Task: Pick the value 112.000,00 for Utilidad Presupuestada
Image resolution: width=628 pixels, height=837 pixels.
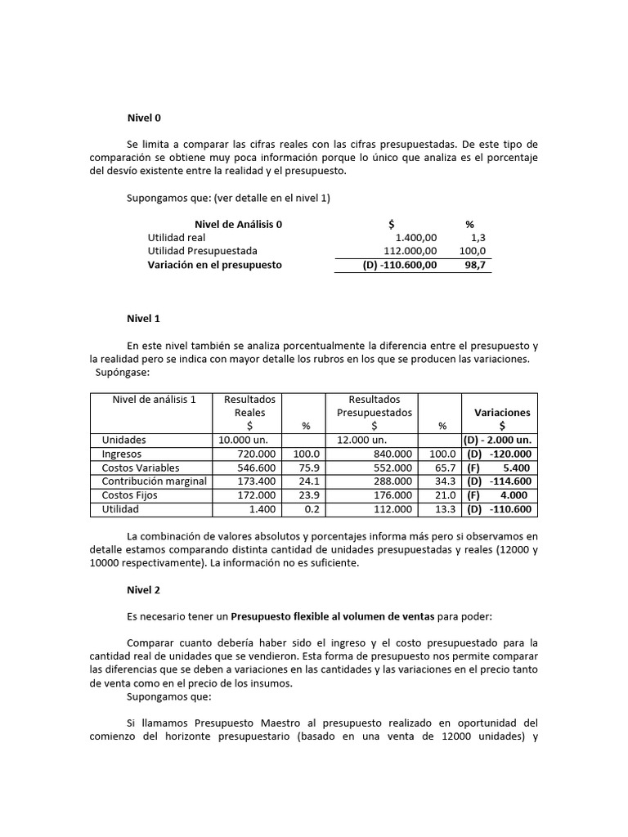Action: tap(410, 251)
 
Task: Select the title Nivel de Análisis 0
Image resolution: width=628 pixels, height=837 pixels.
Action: tap(239, 224)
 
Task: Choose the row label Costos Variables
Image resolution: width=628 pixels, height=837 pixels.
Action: tap(141, 468)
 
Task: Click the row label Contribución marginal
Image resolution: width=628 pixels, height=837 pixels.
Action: tap(154, 481)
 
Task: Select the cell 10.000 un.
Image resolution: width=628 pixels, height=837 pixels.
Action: tap(239, 440)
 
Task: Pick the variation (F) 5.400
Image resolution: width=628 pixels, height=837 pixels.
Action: tap(497, 468)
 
